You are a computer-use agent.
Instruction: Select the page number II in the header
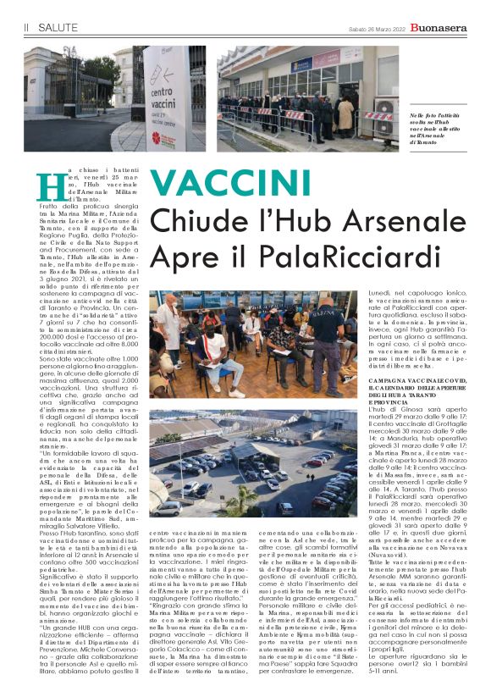[x=26, y=28]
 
